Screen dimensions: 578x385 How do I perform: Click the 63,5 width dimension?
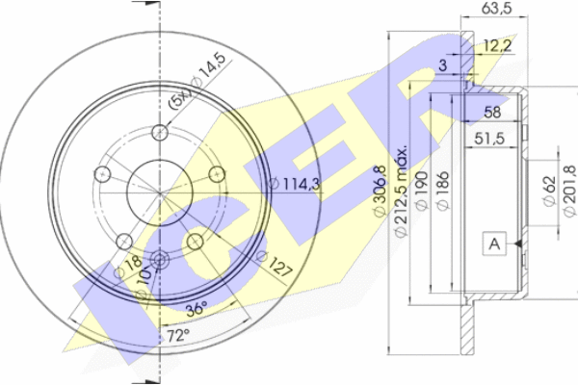coord(496,8)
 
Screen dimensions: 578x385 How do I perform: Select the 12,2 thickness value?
coord(498,46)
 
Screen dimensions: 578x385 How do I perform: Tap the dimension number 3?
coord(443,65)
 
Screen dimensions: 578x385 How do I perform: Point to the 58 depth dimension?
coord(492,113)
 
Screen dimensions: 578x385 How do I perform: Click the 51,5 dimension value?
coord(489,139)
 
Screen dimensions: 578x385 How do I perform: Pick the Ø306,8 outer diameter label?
coord(380,192)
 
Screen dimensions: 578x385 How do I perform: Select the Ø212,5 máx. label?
coord(401,192)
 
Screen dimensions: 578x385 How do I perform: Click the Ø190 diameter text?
coord(422,191)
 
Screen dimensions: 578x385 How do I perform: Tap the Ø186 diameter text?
coord(443,191)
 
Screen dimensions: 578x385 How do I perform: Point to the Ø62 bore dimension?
coord(549,191)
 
